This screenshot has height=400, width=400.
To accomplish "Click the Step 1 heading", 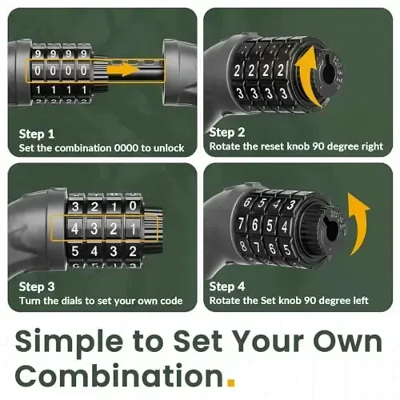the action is click(37, 134).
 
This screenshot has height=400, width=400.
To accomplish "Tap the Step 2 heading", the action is click(227, 132).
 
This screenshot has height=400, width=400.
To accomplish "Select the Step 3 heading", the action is click(37, 286).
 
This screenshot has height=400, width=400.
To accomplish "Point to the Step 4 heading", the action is click(227, 286).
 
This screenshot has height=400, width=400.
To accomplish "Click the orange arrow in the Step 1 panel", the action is click(122, 69).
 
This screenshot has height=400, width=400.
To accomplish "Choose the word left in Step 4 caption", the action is click(361, 300).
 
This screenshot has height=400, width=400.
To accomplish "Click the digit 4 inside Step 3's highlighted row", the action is click(75, 229).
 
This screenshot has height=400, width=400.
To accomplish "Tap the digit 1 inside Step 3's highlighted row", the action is click(133, 229).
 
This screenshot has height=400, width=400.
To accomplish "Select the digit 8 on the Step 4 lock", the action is click(243, 246).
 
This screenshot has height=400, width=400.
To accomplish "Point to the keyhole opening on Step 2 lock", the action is click(329, 73).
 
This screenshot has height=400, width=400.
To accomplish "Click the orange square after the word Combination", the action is click(230, 382).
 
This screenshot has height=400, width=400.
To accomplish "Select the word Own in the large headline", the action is click(347, 342).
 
